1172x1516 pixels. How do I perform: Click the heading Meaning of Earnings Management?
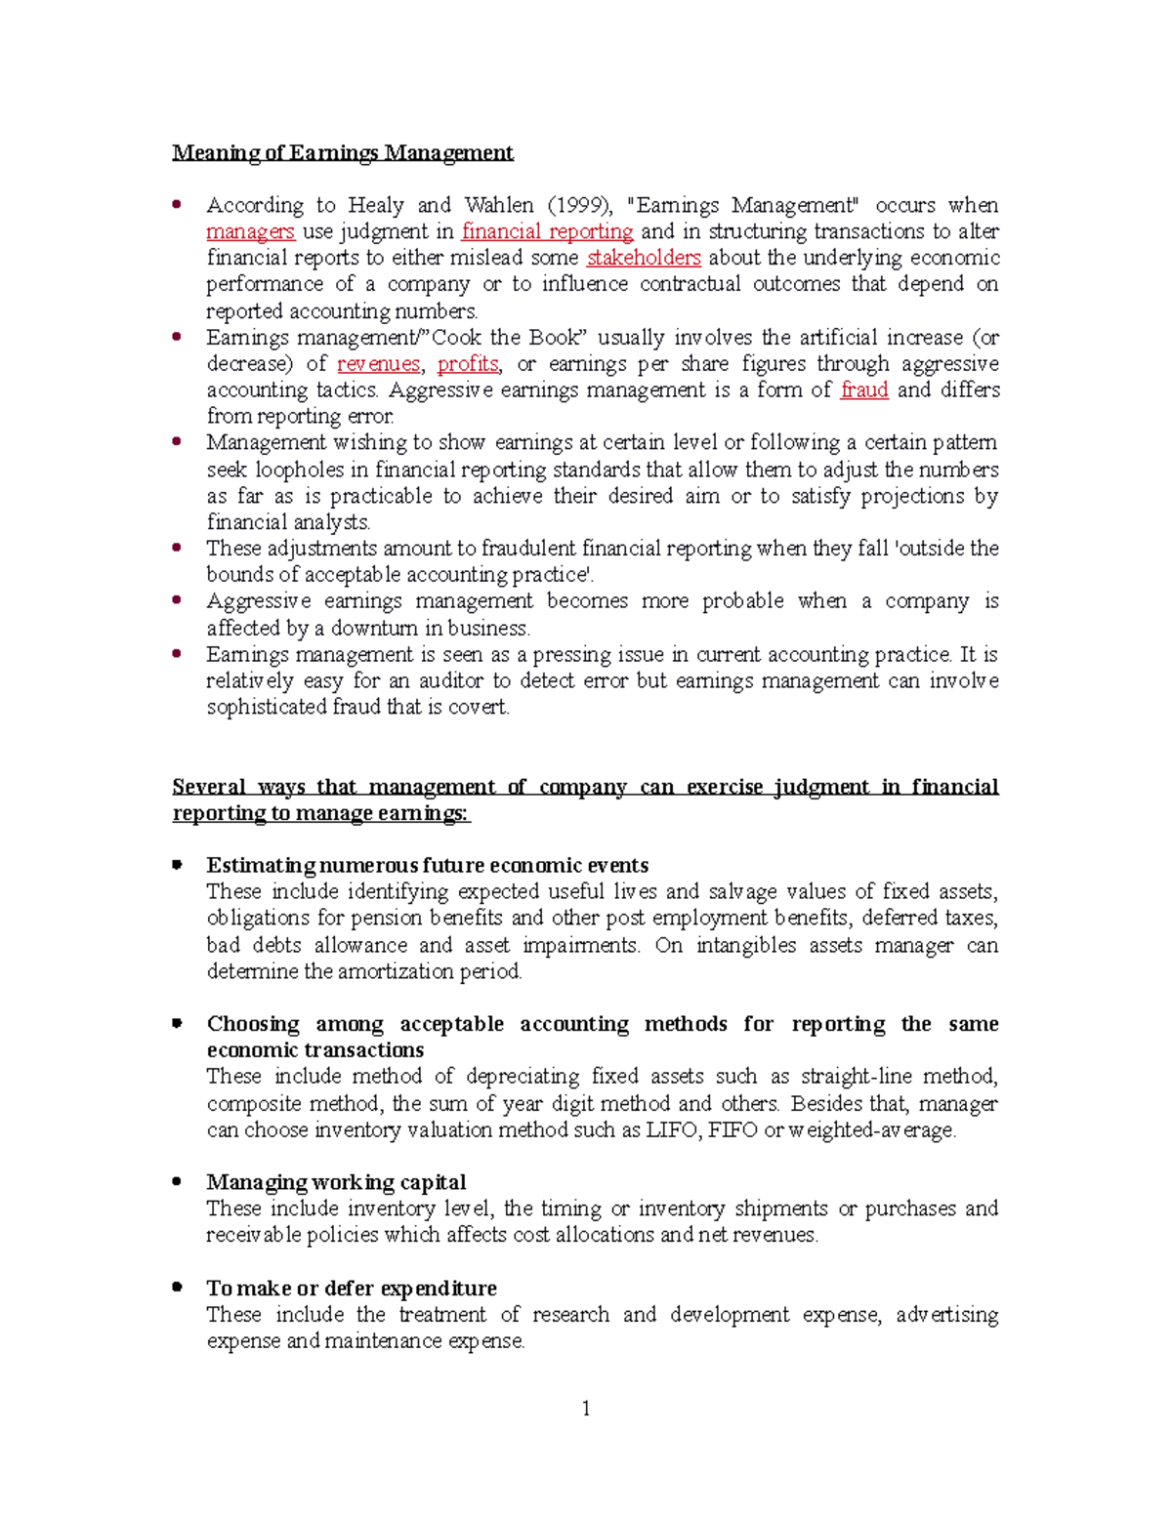342,153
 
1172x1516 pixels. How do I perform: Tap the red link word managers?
250,232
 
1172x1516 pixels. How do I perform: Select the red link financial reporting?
547,232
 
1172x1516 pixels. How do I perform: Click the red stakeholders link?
644,259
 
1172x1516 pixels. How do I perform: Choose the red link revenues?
378,364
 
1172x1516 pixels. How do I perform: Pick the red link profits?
468,364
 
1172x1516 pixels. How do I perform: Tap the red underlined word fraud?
863,390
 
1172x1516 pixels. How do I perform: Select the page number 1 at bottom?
586,1408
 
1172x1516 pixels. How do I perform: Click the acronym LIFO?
674,1130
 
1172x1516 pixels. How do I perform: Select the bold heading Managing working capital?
336,1182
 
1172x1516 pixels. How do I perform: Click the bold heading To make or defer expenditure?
352,1289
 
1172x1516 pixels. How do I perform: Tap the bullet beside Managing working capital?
177,1181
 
